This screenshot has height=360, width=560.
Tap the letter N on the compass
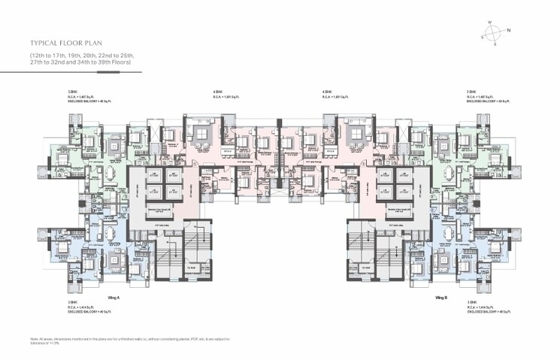click(x=509, y=30)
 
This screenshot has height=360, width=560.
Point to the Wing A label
click(x=115, y=298)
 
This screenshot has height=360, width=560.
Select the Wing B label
click(x=443, y=298)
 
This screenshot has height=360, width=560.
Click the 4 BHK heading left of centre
click(x=218, y=92)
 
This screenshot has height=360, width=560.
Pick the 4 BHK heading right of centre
click(x=327, y=92)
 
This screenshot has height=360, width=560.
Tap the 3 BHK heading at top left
click(x=71, y=92)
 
